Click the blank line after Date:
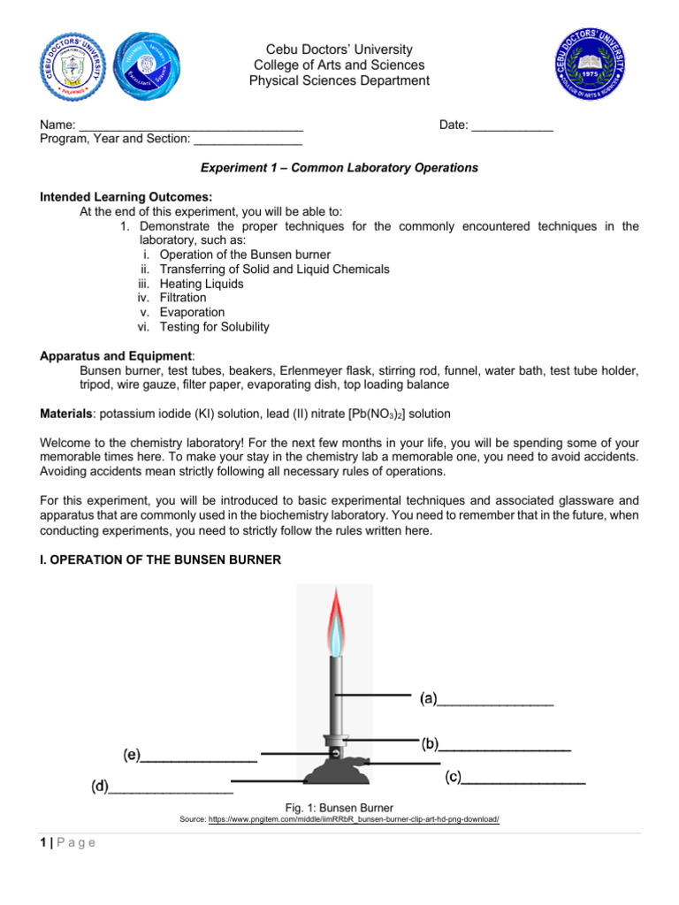point(512,126)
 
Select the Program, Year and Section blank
point(248,140)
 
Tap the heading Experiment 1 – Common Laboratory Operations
point(339,167)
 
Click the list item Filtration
point(183,298)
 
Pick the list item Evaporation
point(192,312)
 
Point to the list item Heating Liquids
point(202,284)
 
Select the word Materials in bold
point(68,414)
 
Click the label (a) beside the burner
point(429,700)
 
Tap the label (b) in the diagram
point(431,744)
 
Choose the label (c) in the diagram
point(453,778)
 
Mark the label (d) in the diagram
point(100,786)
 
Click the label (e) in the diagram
point(132,755)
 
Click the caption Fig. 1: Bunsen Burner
point(339,807)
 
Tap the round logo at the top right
point(588,63)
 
